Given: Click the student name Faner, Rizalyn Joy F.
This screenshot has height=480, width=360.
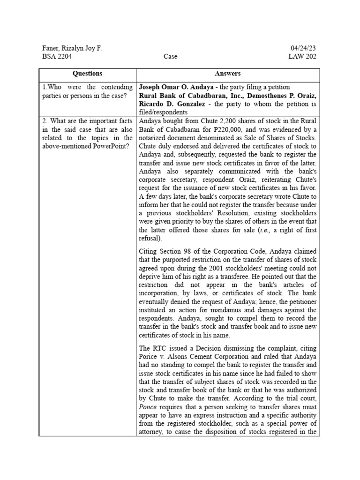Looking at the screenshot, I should pos(72,48).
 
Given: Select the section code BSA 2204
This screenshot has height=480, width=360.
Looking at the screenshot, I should pos(57,57).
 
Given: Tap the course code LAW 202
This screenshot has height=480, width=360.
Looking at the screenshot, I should pos(302,57).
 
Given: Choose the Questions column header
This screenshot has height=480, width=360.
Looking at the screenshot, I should pos(87,74).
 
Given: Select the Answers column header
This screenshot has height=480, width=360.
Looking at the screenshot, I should pos(228,74).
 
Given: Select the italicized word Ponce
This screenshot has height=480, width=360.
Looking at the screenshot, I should pos(148,407).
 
